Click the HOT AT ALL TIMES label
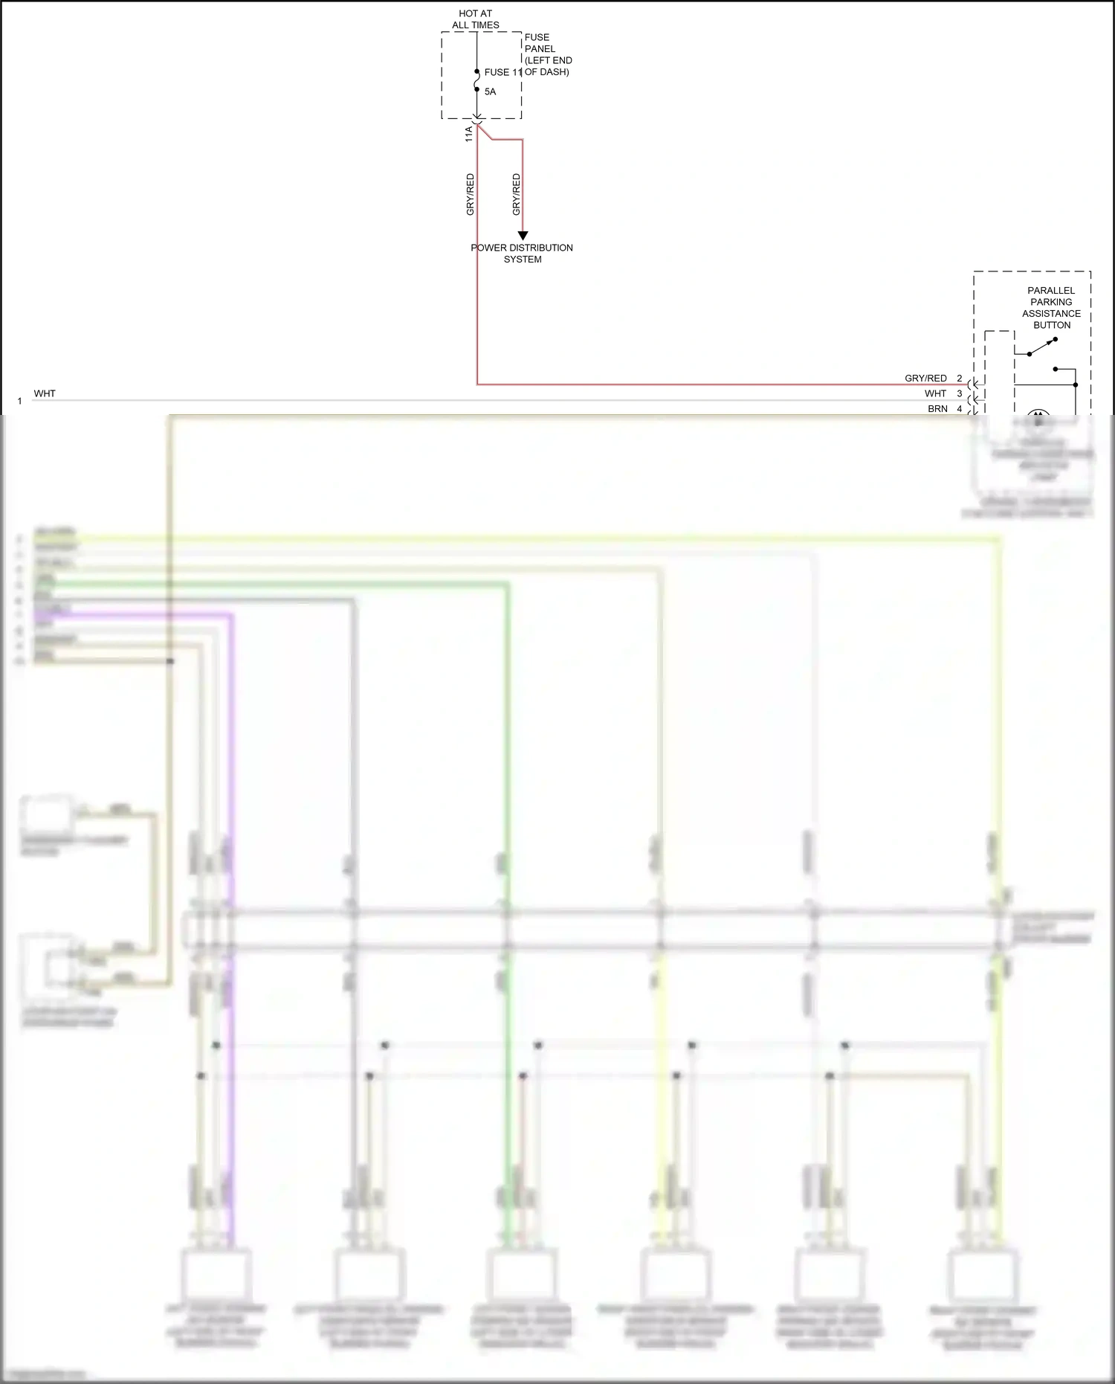pos(476,19)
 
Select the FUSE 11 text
pos(502,72)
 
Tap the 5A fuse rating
pos(490,91)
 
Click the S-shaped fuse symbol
pos(477,80)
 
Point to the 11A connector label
pos(469,134)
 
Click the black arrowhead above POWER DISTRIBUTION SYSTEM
pos(523,235)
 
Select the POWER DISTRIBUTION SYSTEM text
pos(522,254)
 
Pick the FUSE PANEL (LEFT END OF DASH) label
pos(548,54)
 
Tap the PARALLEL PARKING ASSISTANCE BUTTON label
pos(1051,308)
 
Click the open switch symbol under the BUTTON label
pos(1042,347)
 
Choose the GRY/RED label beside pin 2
pos(925,379)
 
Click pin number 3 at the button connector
pos(960,393)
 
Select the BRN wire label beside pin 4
pos(937,409)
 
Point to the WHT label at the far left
pos(45,393)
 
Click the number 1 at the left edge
pos(19,401)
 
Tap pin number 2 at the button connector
pos(960,379)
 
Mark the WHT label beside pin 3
pos(935,393)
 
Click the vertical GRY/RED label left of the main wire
pos(470,195)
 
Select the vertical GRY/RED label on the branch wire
pos(517,195)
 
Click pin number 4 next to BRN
pos(960,409)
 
